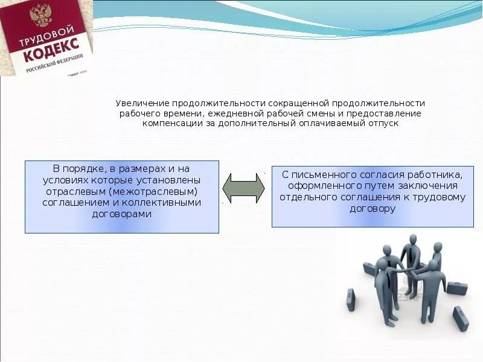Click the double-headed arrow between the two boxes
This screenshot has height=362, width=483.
[x=243, y=188]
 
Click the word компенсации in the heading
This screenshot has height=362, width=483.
[x=168, y=123]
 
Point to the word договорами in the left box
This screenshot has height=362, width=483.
[x=121, y=213]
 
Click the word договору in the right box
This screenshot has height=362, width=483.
[x=372, y=208]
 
